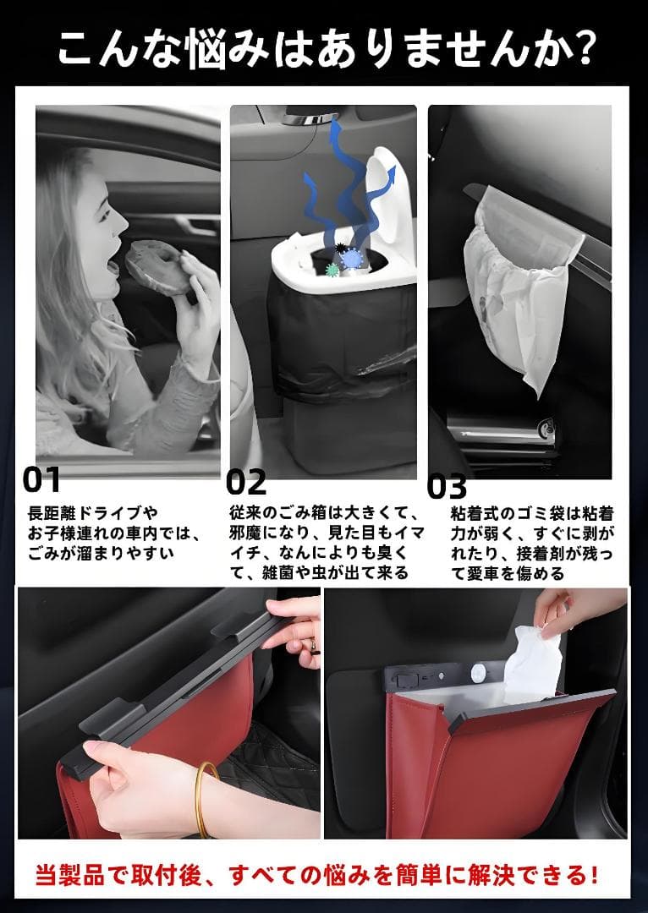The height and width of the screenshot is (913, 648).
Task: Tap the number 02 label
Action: (x=246, y=482)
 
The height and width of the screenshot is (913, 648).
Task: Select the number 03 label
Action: (x=447, y=487)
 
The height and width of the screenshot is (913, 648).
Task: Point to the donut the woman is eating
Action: (x=157, y=267)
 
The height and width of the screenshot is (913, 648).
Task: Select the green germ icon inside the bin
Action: (x=332, y=269)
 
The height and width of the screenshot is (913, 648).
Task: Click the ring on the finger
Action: (x=313, y=644)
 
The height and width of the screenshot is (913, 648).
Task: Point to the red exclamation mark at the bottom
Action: (x=593, y=875)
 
